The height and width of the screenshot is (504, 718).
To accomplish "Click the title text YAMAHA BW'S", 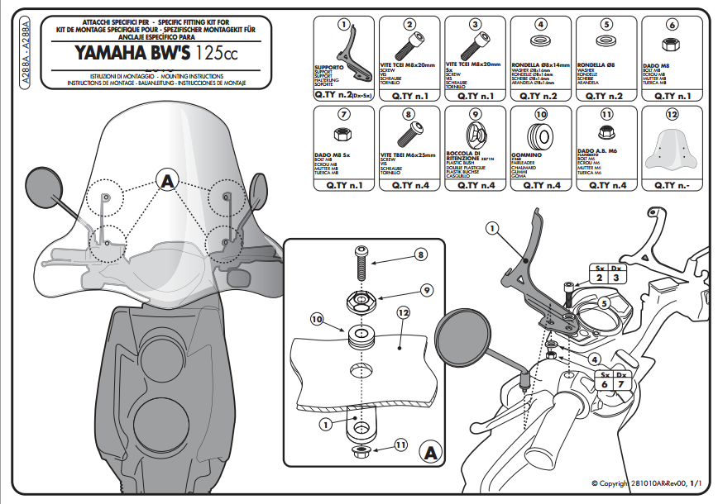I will pyautogui.click(x=132, y=55).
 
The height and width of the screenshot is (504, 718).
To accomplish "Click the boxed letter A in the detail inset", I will pyautogui.click(x=428, y=452).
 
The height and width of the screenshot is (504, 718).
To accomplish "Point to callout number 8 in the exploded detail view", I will pyautogui.click(x=421, y=256).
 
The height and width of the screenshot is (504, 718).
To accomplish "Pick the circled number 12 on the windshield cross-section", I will pyautogui.click(x=403, y=313).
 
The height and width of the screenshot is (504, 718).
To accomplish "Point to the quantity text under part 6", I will pyautogui.click(x=672, y=96).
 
